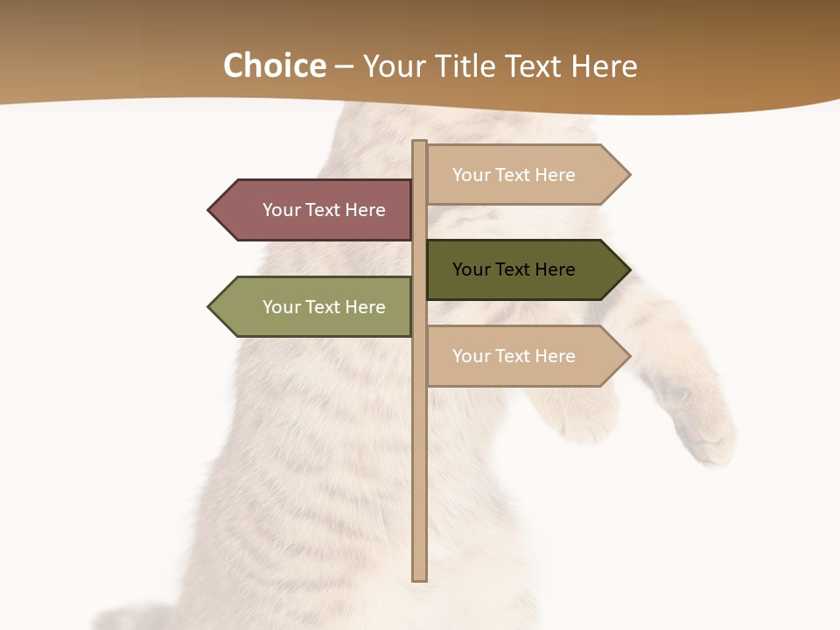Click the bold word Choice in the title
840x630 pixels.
[x=274, y=66]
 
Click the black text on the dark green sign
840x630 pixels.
[x=514, y=269]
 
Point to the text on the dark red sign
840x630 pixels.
[x=324, y=210]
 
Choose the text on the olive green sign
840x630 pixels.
[x=324, y=307]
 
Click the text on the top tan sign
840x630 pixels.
[x=514, y=175]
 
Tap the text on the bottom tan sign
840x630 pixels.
[x=514, y=356]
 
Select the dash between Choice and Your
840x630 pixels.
[x=344, y=67]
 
